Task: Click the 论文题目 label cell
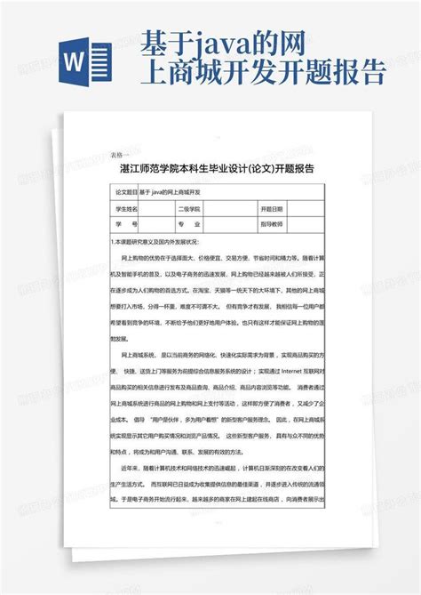coord(125,192)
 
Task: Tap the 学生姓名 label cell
coord(125,209)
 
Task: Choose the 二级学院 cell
coord(189,209)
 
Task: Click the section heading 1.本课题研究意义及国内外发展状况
coord(160,241)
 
